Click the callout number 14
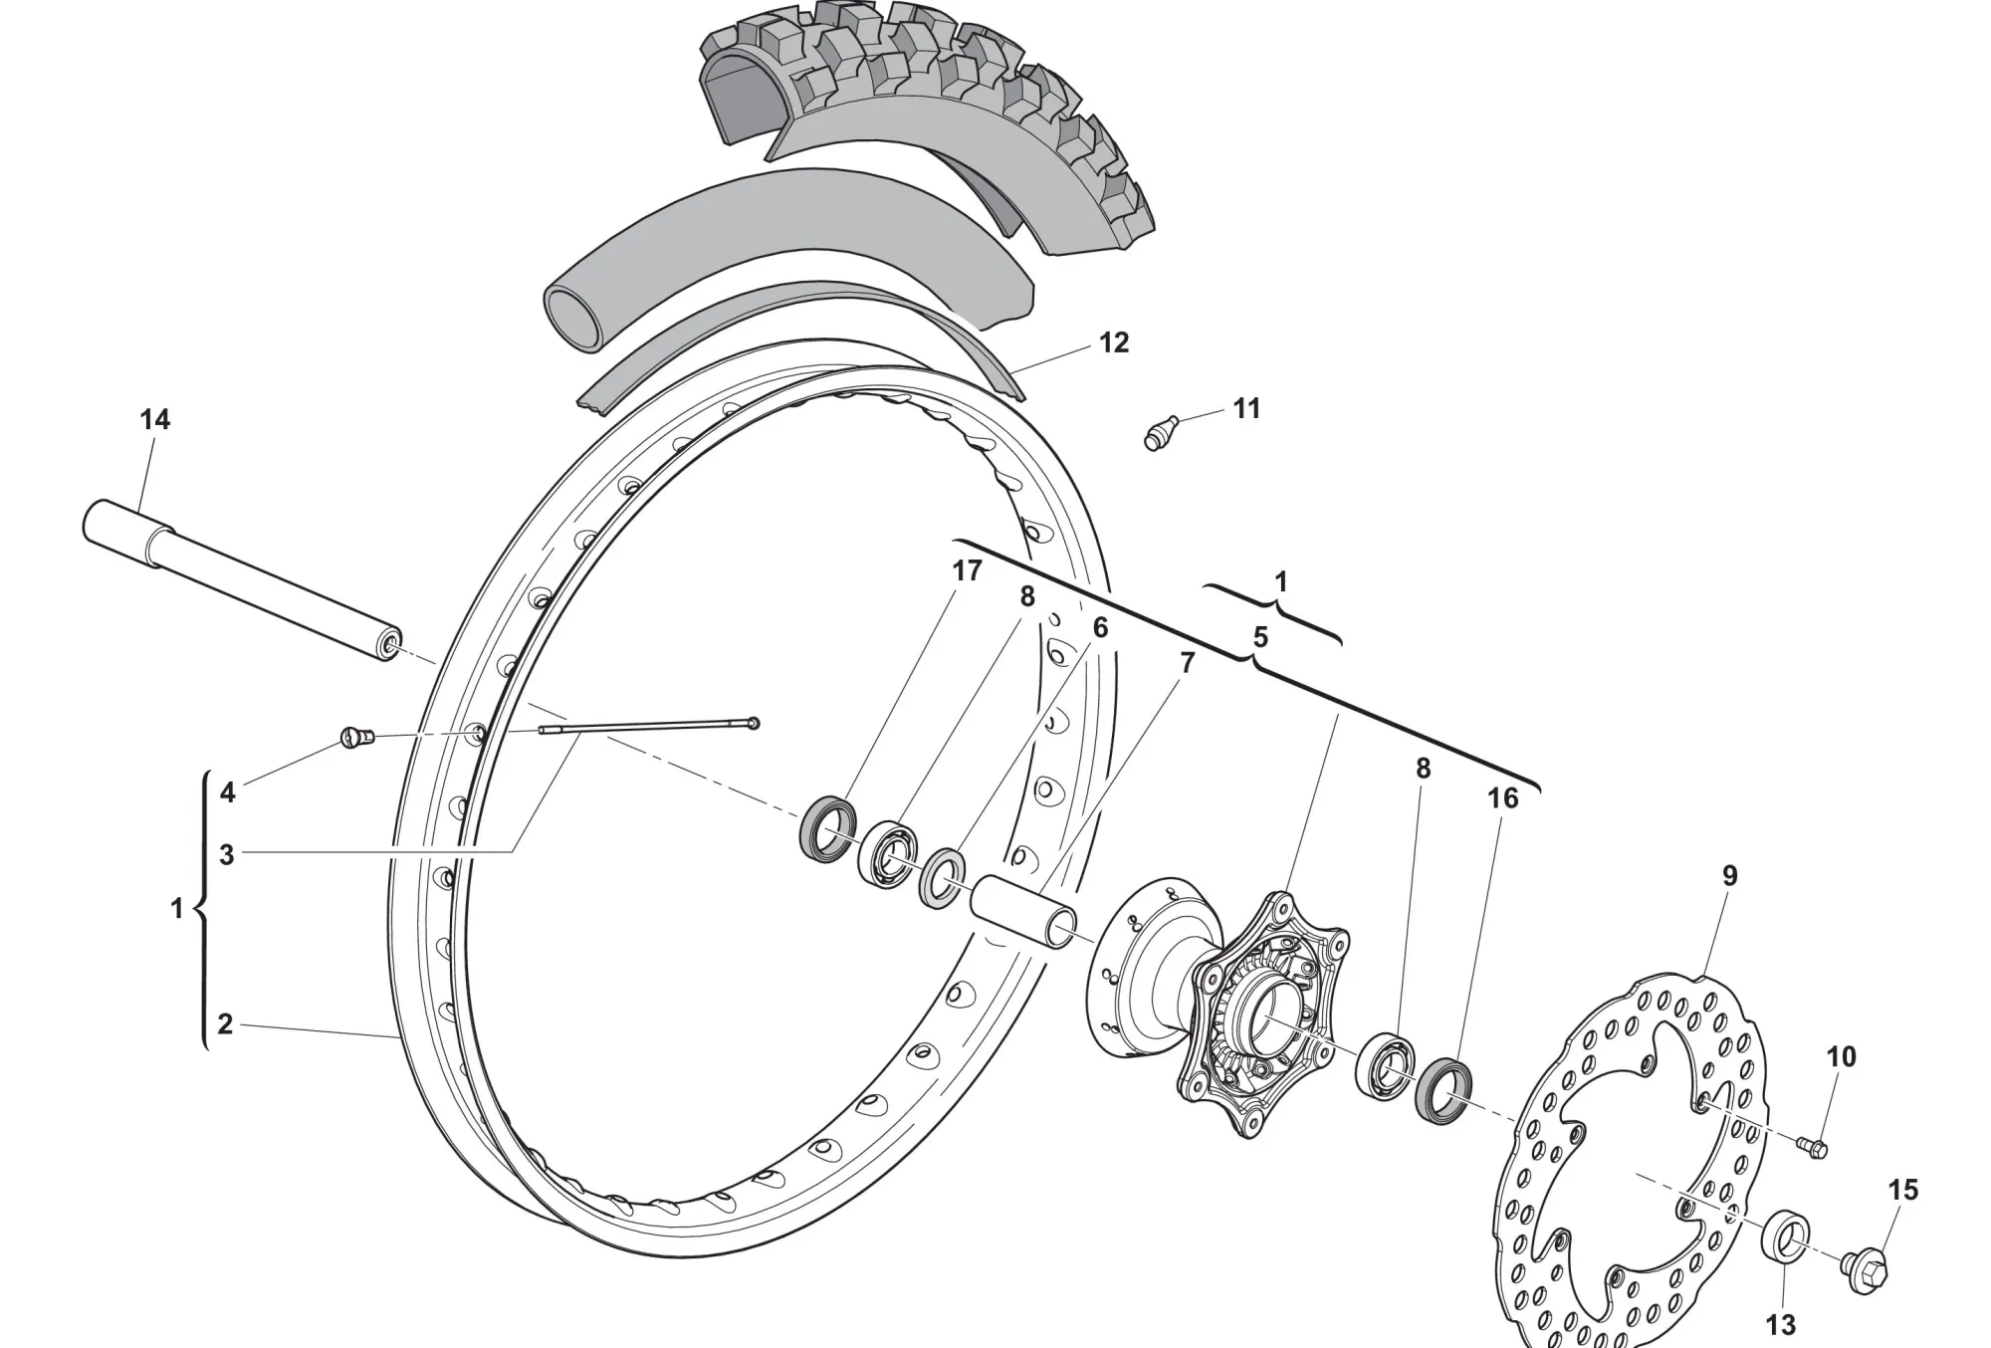click(154, 420)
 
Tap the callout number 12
click(1114, 342)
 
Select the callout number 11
click(1246, 408)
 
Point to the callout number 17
click(967, 571)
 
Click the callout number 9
click(1730, 876)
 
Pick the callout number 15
click(1902, 1190)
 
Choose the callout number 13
click(1781, 1325)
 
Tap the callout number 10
click(1842, 1057)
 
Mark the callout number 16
click(1503, 798)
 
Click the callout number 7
click(1187, 663)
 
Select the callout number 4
click(227, 792)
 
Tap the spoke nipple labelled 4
click(357, 738)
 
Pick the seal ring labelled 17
click(828, 828)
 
